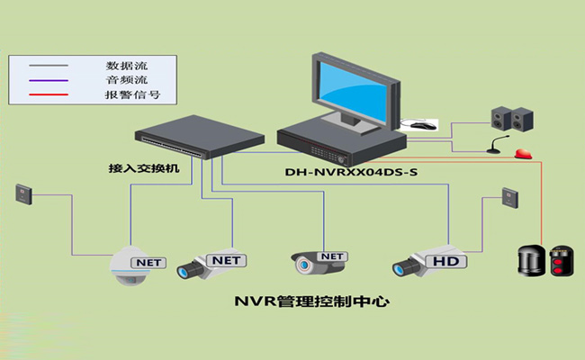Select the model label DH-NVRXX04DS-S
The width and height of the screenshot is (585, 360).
[351, 173]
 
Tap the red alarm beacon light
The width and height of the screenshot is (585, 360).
[524, 151]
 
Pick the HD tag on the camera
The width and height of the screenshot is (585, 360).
[446, 261]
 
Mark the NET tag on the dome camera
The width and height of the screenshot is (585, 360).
[148, 262]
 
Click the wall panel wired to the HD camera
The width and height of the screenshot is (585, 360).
[509, 197]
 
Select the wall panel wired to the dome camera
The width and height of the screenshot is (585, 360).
[23, 193]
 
